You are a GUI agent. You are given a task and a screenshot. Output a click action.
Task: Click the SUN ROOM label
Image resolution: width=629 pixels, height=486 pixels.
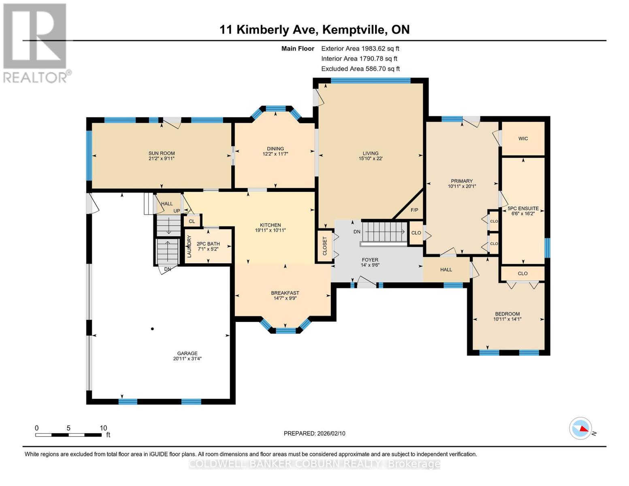[161, 153]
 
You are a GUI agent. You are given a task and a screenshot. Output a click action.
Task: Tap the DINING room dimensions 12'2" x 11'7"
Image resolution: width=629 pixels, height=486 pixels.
[275, 154]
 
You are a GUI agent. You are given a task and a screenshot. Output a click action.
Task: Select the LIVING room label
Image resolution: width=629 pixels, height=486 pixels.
[370, 153]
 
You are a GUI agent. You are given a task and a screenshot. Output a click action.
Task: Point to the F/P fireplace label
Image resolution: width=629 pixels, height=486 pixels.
[414, 210]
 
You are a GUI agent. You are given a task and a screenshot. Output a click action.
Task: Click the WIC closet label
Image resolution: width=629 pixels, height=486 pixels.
[523, 139]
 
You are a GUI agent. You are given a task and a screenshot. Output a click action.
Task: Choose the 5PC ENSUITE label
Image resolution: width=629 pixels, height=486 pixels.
[523, 208]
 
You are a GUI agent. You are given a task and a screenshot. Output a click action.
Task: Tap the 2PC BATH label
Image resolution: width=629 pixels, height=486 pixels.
[208, 244]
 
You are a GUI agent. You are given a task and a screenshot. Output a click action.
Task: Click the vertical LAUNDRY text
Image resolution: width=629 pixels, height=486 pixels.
[189, 246]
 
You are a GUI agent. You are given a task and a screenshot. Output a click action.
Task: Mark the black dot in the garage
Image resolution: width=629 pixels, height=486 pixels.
[152, 329]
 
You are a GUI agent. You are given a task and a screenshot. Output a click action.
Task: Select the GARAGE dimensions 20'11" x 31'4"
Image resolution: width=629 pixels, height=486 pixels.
[187, 358]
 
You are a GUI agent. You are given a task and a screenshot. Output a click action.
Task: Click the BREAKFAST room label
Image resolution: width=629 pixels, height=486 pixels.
[285, 293]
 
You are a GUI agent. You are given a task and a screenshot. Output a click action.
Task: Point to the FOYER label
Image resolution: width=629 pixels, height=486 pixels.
[370, 260]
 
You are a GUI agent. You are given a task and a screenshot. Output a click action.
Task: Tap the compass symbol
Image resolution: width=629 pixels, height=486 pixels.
[580, 428]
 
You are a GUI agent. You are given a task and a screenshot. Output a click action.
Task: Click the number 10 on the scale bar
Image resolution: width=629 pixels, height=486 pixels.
[103, 428]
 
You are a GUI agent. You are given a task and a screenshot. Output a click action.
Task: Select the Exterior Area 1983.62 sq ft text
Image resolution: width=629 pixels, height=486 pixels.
[360, 48]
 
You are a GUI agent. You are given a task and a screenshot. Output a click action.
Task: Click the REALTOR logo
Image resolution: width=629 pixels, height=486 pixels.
[35, 43]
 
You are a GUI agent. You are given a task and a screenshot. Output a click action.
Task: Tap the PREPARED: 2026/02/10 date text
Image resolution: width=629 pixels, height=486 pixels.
[314, 433]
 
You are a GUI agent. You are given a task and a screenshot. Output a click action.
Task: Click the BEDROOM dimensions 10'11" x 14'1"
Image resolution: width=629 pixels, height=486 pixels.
[507, 319]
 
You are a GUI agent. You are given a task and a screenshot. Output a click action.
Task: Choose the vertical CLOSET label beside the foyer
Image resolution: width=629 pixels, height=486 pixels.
[324, 246]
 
